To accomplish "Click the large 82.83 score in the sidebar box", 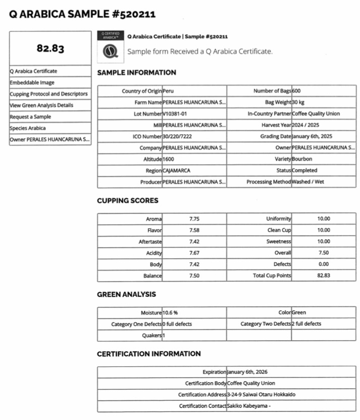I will pos(50,49).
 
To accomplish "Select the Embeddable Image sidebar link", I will pos(31,82).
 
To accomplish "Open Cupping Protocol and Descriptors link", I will pos(48,94).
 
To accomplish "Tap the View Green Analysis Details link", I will pos(41,105).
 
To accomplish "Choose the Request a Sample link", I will pos(30,117).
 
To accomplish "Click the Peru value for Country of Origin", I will pos(168,91).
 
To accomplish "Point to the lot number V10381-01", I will pos(175,114).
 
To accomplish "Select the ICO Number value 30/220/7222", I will pos(177,136).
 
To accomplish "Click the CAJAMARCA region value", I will pos(176,171).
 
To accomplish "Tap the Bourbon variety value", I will pos(302,159).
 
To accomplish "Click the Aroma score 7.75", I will pos(194,219).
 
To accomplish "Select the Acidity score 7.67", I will pos(194,253).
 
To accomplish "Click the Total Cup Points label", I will pos(272,275).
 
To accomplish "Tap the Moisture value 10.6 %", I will pos(170,313).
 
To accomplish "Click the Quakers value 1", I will pos(164,336).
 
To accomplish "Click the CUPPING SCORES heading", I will pos(127,201).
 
